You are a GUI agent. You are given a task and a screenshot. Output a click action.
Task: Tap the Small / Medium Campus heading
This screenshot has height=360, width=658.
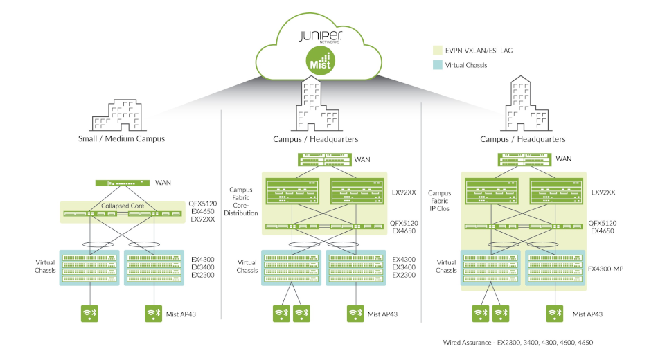121,139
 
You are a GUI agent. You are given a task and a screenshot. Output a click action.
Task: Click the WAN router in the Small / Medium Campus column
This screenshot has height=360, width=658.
122,183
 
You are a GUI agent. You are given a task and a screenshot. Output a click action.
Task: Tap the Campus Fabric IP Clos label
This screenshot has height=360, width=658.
440,201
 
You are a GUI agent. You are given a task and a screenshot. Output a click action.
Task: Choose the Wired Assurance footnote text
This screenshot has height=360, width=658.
518,343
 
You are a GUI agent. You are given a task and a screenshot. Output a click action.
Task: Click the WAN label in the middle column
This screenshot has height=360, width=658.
362,160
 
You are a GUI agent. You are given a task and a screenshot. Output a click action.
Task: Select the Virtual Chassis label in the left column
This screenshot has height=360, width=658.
46,267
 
